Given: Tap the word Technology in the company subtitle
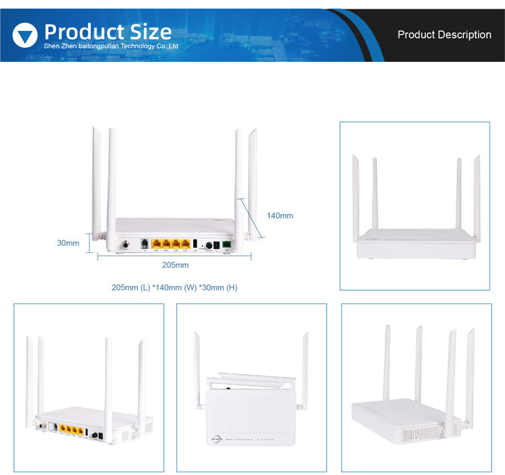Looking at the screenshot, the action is [x=123, y=46].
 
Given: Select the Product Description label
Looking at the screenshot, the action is [x=444, y=35].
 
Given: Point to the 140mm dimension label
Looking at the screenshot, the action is [x=280, y=216].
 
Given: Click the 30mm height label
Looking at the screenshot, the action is [x=68, y=243].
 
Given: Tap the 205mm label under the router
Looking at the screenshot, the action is [x=176, y=265].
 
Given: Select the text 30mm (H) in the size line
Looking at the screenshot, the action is [x=218, y=287].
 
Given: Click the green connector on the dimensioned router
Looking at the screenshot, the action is [x=226, y=245].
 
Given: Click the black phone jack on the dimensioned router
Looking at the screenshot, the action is [x=144, y=244].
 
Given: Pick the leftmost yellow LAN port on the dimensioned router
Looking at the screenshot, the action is [x=156, y=244].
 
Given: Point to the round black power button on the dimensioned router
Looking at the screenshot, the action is [x=209, y=246].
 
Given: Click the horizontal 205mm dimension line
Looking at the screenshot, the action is [x=175, y=256].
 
